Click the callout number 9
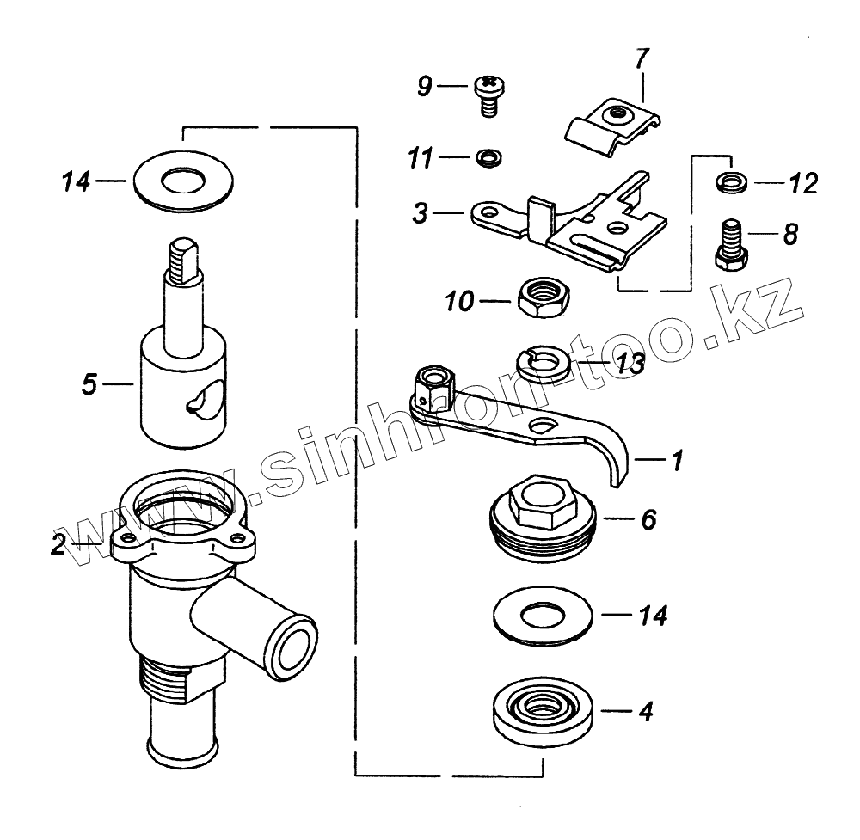coord(423,86)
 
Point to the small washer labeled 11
coord(488,157)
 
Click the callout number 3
coord(420,212)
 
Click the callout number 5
coord(89,383)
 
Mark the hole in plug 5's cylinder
coord(205,401)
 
